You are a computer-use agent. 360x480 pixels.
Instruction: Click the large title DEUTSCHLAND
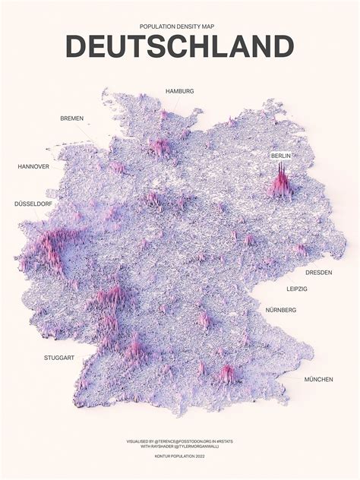click(179, 46)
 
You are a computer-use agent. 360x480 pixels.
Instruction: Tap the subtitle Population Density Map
click(179, 25)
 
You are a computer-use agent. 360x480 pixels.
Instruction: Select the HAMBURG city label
click(179, 91)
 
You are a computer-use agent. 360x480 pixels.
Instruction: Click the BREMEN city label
click(72, 118)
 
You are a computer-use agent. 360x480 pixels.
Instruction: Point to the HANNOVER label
click(33, 166)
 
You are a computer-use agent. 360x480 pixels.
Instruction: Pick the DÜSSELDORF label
click(34, 204)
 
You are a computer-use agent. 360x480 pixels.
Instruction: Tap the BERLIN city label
click(281, 156)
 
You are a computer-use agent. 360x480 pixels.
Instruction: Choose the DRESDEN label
click(319, 272)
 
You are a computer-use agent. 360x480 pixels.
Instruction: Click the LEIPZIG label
click(297, 289)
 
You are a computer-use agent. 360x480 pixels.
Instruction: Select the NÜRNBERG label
click(281, 310)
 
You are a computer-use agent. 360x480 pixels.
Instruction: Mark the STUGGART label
click(58, 357)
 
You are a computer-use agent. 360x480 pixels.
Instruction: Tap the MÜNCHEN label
click(318, 379)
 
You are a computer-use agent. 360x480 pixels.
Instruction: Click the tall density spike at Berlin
click(281, 182)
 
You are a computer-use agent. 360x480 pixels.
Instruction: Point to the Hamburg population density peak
click(161, 146)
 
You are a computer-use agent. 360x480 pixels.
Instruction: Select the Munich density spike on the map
click(226, 372)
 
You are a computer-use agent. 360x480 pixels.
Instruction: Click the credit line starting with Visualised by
click(179, 441)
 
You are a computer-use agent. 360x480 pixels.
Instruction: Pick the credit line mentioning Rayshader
click(179, 447)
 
